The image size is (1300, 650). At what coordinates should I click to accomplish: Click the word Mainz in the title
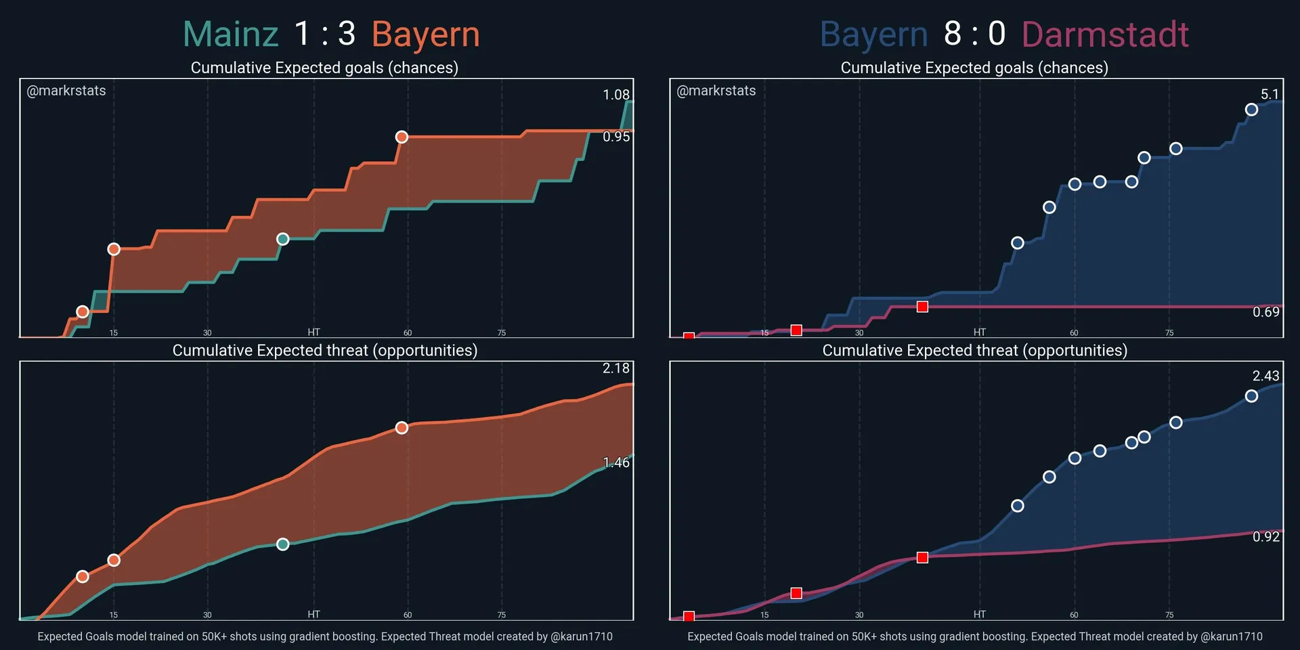[x=231, y=35]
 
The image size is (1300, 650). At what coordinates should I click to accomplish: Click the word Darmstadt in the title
[x=1105, y=35]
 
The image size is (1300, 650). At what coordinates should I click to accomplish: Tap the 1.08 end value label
[x=616, y=95]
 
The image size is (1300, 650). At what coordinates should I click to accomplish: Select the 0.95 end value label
[x=616, y=137]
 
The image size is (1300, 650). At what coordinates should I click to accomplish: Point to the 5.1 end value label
[x=1270, y=95]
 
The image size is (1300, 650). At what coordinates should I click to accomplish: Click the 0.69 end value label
[x=1265, y=312]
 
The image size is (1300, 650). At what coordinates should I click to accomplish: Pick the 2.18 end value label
[x=616, y=368]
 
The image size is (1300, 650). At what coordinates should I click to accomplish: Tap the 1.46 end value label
[x=616, y=462]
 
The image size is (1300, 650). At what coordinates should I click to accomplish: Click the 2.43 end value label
[x=1265, y=376]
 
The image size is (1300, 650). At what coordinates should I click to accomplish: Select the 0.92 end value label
[x=1265, y=537]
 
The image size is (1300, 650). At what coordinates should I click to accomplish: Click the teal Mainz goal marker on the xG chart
[x=283, y=239]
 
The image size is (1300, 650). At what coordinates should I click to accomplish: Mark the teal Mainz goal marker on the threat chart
[x=283, y=544]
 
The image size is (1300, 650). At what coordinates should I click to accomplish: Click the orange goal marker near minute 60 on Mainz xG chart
[x=402, y=137]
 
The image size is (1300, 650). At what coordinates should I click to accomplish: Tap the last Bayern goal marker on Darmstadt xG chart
[x=1251, y=110]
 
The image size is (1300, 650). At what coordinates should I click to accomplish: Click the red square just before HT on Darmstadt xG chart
[x=922, y=307]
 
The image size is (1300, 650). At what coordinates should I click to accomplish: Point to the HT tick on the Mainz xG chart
[x=313, y=332]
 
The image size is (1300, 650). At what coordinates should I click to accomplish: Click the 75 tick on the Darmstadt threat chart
[x=1169, y=615]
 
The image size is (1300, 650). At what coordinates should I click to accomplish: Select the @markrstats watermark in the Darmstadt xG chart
[x=716, y=91]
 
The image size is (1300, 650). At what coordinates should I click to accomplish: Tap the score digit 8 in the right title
[x=953, y=34]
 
